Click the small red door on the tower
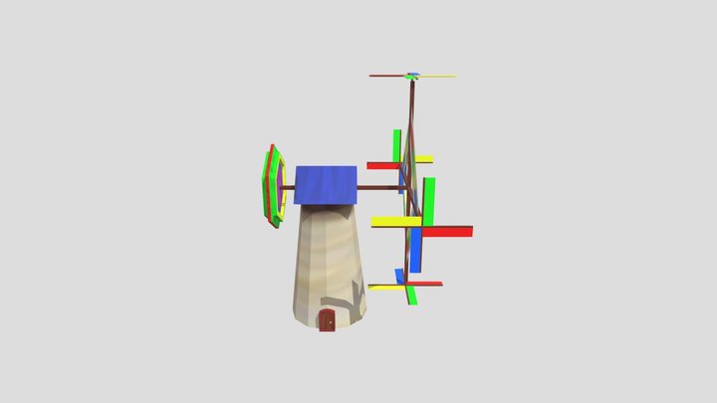click(x=327, y=320)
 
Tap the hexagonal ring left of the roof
click(x=274, y=186)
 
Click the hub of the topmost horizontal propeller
click(x=412, y=75)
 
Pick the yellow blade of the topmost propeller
click(x=438, y=76)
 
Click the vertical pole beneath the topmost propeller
click(x=411, y=109)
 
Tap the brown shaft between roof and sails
click(x=378, y=187)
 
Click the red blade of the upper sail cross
click(x=382, y=165)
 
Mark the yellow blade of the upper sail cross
click(x=424, y=159)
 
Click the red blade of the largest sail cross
click(x=448, y=231)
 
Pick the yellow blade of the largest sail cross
click(x=394, y=221)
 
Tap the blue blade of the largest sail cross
click(x=415, y=251)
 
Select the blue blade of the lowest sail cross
click(x=400, y=276)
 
